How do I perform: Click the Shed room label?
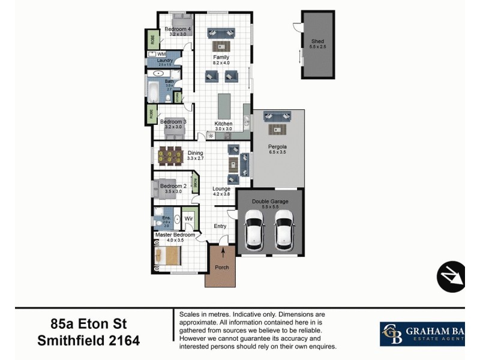317,25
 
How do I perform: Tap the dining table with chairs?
169,156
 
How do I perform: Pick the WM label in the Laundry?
161,54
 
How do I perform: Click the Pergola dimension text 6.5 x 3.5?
277,152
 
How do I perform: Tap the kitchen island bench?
224,106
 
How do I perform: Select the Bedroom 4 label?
178,29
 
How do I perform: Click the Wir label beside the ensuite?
188,219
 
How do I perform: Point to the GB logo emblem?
393,334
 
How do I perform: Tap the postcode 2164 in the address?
124,341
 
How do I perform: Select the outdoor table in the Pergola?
277,128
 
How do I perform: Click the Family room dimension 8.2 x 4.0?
221,62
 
